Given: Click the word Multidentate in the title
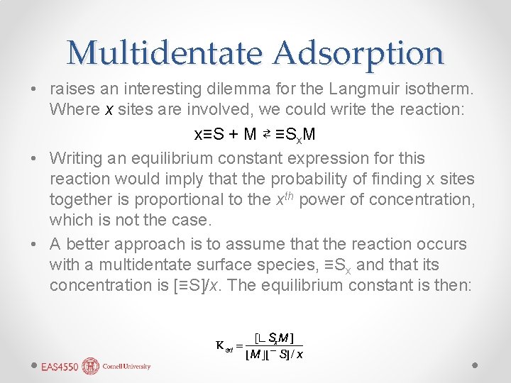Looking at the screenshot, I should tap(165, 52).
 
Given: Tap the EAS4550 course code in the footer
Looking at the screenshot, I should tap(58, 367).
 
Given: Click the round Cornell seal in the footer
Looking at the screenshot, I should tap(91, 366).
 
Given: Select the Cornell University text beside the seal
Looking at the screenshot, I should tap(126, 367).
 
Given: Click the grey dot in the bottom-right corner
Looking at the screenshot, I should tap(476, 365).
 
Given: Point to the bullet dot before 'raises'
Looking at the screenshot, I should tap(34, 91).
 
